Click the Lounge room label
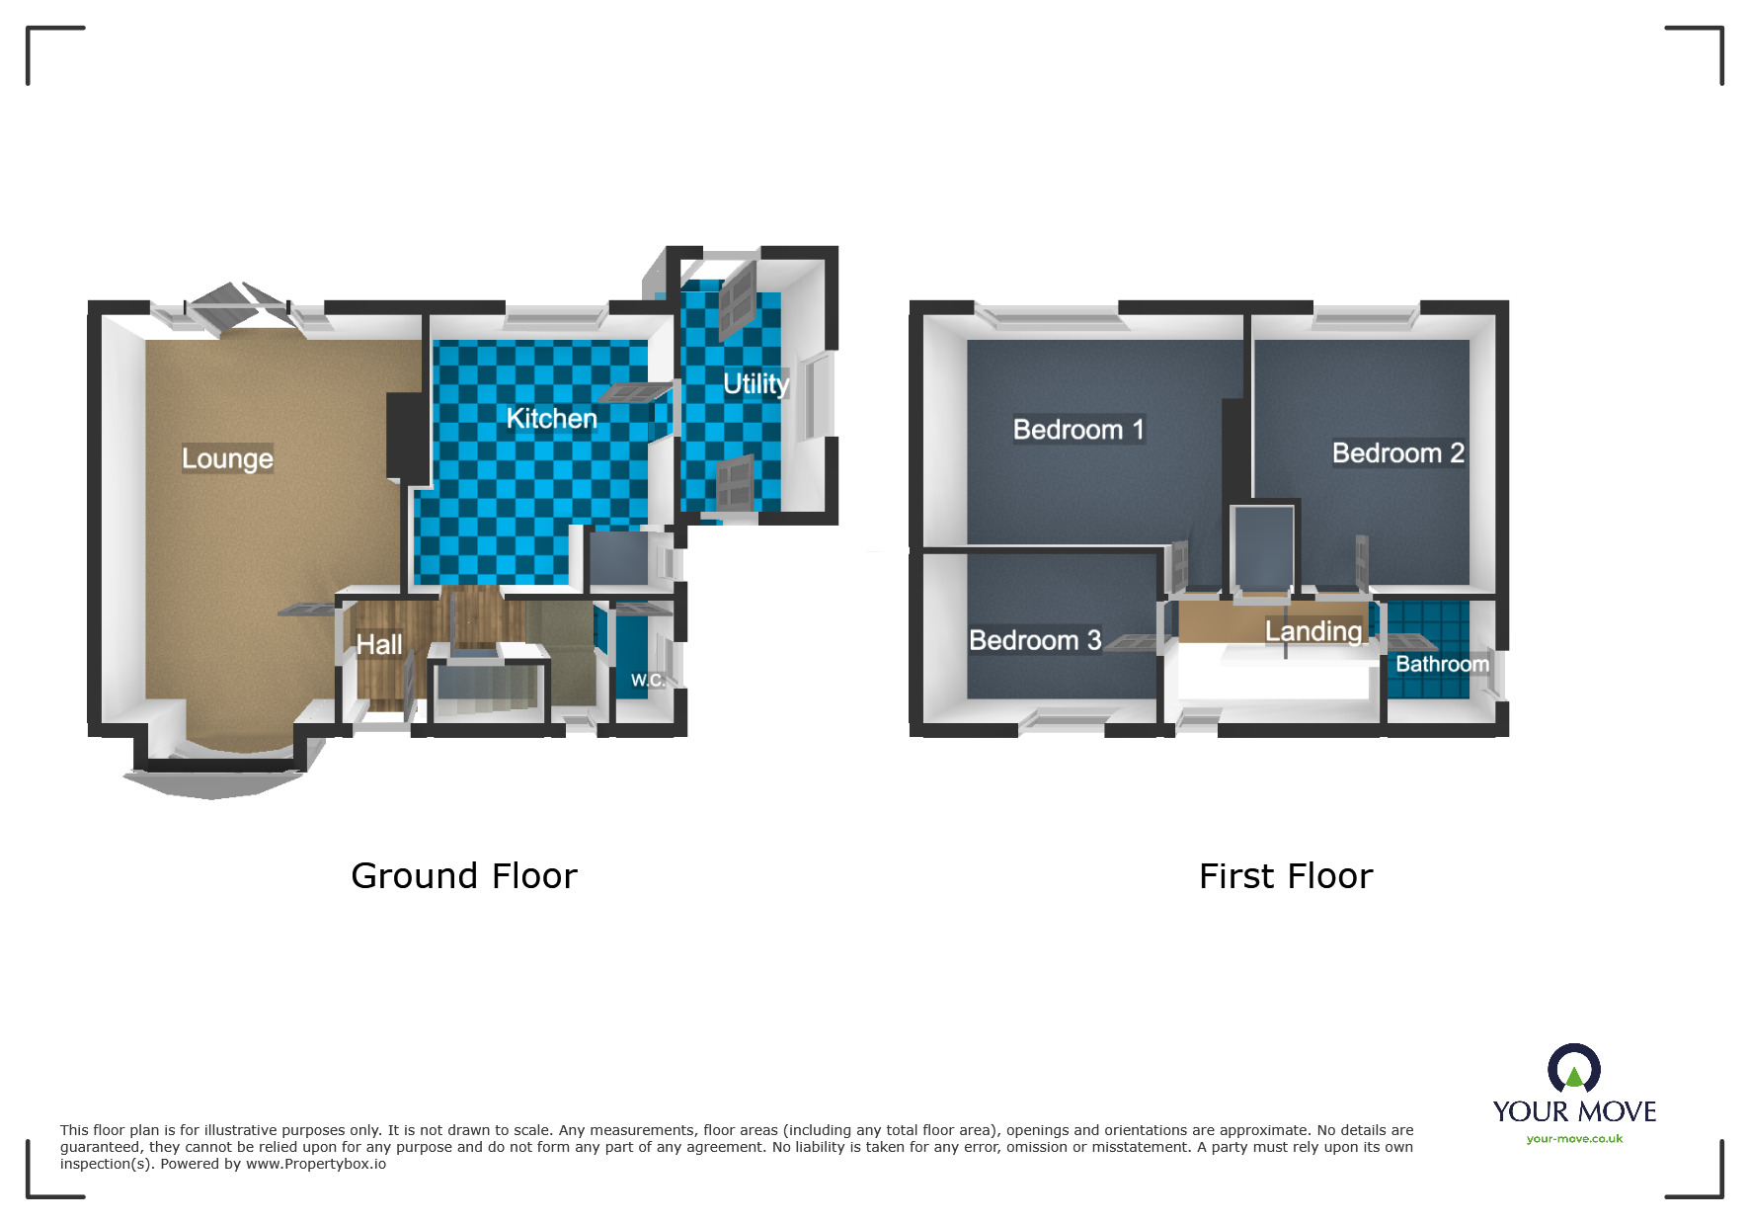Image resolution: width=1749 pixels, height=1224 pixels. pyautogui.click(x=227, y=458)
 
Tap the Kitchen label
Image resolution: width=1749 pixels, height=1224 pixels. pyautogui.click(x=551, y=419)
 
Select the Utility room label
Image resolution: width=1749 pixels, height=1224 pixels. pyautogui.click(x=755, y=383)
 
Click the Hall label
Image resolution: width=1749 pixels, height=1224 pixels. pyautogui.click(x=378, y=644)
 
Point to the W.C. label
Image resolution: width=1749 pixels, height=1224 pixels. pyautogui.click(x=647, y=680)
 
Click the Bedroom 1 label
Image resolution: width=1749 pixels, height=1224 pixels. pyautogui.click(x=1077, y=430)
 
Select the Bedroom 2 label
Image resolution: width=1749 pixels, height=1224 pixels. pyautogui.click(x=1397, y=453)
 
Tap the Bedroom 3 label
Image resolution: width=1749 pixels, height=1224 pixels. pyautogui.click(x=1034, y=640)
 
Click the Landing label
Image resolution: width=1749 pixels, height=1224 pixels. pyautogui.click(x=1312, y=630)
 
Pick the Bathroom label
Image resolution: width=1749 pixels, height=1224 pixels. pyautogui.click(x=1441, y=664)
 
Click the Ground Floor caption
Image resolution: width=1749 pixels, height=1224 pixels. pyautogui.click(x=463, y=876)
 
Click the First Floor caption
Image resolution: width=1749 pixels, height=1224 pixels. pyautogui.click(x=1285, y=876)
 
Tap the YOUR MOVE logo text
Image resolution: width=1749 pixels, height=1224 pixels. pyautogui.click(x=1573, y=1111)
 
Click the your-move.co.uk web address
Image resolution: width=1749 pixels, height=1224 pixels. pyautogui.click(x=1573, y=1139)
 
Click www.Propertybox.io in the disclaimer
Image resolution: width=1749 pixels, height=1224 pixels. pyautogui.click(x=315, y=1164)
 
